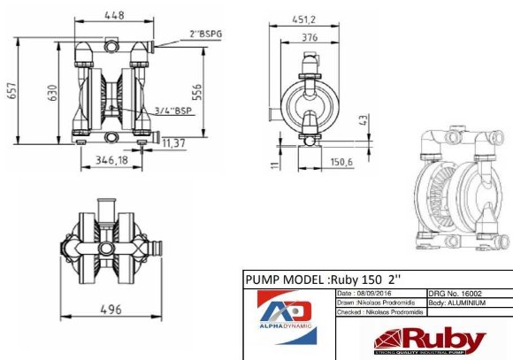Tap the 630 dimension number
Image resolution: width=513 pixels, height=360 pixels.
(52, 94)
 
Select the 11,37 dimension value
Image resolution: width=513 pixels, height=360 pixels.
(173, 142)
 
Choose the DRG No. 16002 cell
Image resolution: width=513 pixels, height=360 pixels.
(456, 292)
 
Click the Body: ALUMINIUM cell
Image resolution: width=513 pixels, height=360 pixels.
(460, 302)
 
